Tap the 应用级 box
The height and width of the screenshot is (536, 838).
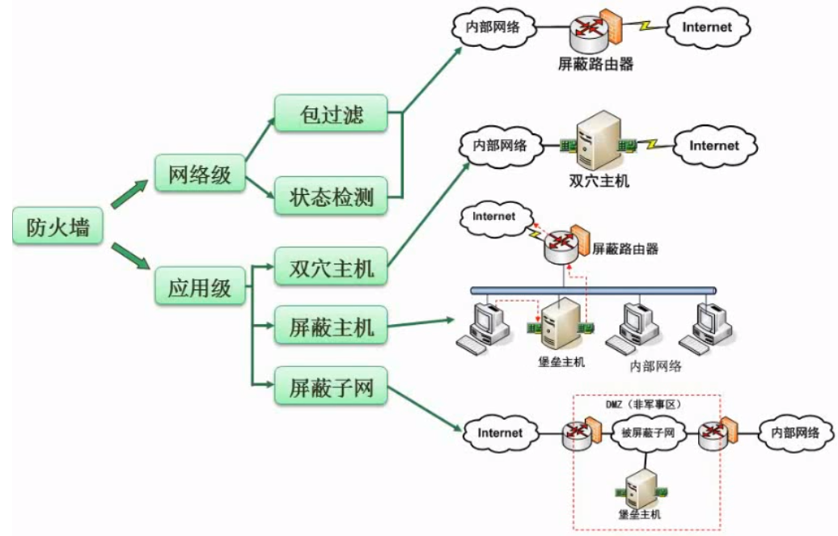pos(199,287)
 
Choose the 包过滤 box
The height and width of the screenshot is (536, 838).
pos(332,114)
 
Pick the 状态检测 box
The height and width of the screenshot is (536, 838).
pos(332,196)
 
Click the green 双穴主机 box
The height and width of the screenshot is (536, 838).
pos(332,266)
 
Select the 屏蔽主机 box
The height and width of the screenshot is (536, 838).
pos(332,327)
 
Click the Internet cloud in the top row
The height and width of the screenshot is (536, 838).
pos(706,27)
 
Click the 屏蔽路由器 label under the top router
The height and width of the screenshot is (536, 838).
pos(595,64)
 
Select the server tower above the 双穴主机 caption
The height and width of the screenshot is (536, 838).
pos(598,143)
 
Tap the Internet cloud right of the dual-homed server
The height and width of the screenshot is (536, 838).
pos(713,146)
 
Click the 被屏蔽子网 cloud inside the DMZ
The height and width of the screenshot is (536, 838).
pos(648,433)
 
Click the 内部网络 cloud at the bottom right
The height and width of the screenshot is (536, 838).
pos(794,433)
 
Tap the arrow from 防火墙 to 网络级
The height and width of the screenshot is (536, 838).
pos(129,195)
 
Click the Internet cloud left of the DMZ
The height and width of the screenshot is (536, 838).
pos(500,433)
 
